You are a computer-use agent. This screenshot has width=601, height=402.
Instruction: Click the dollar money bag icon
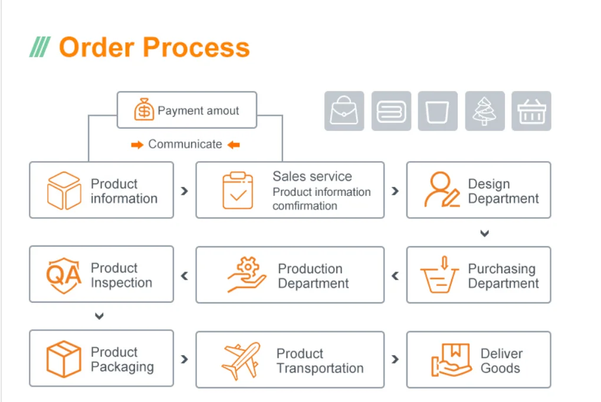(143, 110)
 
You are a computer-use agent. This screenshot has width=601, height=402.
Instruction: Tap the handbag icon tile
(344, 111)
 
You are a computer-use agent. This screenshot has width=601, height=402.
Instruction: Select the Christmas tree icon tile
(485, 111)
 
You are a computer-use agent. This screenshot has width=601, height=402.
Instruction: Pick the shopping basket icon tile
(531, 111)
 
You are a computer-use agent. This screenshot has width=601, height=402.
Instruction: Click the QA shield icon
(64, 274)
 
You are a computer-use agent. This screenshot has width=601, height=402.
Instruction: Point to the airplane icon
(241, 360)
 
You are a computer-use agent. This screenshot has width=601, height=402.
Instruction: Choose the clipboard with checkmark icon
(238, 190)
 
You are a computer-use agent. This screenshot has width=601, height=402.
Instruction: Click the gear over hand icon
(247, 275)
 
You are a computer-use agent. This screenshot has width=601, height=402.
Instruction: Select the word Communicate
(185, 144)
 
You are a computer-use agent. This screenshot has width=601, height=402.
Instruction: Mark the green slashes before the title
(40, 47)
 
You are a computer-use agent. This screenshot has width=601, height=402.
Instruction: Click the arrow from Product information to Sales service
(185, 191)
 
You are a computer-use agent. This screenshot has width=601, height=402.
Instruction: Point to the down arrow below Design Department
(484, 233)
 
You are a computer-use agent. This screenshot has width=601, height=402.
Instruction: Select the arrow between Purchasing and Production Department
(395, 275)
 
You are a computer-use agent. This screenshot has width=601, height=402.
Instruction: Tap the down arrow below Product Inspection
(99, 316)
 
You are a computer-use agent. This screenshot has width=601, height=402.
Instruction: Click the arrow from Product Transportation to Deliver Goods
(395, 359)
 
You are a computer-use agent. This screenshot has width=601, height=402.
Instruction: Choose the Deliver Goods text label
(501, 361)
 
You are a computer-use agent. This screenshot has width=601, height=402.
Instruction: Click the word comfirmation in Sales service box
(304, 206)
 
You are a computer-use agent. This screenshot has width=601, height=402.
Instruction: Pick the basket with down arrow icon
(439, 275)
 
